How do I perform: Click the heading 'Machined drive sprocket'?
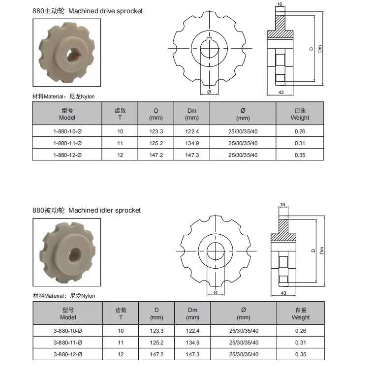click(x=105, y=11)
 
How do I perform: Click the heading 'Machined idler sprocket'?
click(x=104, y=211)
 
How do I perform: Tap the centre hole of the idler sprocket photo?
click(x=75, y=254)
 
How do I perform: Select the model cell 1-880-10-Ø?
click(x=67, y=131)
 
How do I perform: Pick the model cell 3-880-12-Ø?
click(x=68, y=354)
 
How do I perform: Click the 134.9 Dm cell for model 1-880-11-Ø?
click(x=192, y=143)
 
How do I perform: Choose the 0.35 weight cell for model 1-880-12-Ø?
click(x=300, y=155)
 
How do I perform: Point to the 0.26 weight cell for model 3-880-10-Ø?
click(x=301, y=331)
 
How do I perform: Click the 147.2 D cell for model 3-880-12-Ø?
click(x=156, y=354)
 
